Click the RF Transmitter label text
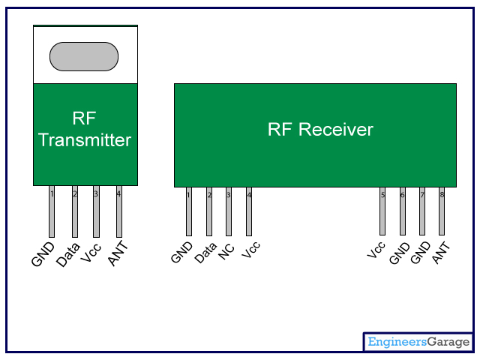pyautogui.click(x=85, y=129)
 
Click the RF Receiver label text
pyautogui.click(x=320, y=130)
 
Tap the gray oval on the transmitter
pyautogui.click(x=84, y=56)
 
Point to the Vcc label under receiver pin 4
pyautogui.click(x=252, y=250)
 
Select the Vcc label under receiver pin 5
pyautogui.click(x=376, y=250)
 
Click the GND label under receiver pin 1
pyautogui.click(x=182, y=252)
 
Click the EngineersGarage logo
pyautogui.click(x=418, y=342)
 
